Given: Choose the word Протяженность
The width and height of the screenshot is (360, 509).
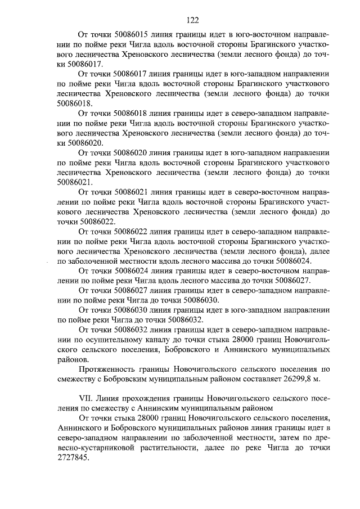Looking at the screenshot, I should click(112, 370).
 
